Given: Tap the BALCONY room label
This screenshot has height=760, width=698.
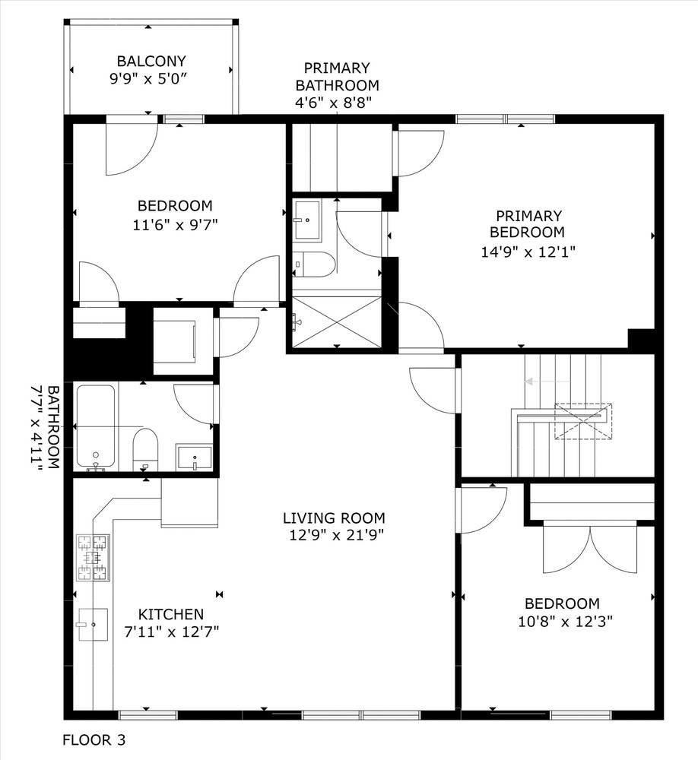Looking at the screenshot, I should click(151, 61).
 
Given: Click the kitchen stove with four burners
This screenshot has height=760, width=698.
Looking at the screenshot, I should click(92, 558).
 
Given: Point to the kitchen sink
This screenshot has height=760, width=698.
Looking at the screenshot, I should click(93, 625).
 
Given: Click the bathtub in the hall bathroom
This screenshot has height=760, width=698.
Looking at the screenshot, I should click(95, 426).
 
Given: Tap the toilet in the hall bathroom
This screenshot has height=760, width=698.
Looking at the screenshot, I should click(145, 448).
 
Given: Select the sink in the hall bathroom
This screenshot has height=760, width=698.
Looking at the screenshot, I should click(194, 458).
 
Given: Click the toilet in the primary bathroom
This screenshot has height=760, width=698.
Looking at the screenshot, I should click(313, 264).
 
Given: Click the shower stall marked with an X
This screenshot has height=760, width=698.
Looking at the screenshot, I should click(336, 322).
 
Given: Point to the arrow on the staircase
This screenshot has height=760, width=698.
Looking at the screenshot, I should click(541, 382).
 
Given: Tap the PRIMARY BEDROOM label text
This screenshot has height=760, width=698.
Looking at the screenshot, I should click(527, 224).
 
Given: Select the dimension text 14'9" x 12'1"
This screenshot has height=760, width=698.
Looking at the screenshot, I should click(527, 252).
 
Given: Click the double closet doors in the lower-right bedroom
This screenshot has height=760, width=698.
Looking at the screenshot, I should click(590, 549).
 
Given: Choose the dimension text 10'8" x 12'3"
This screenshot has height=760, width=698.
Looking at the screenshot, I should click(563, 620).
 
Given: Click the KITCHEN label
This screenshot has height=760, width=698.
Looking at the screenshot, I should click(170, 614).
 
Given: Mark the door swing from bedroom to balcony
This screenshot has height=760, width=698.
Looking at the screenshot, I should click(131, 148).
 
